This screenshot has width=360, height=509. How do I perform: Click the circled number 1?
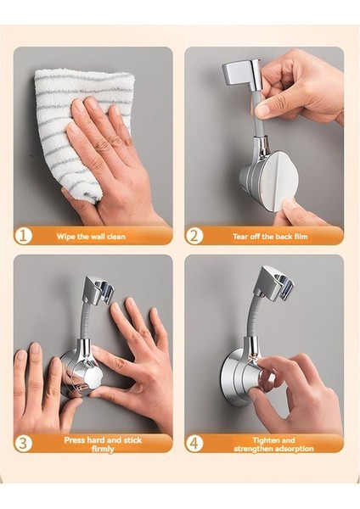click(23, 236)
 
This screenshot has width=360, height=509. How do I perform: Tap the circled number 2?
click(194, 236)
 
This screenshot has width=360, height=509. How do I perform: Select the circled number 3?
click(23, 443)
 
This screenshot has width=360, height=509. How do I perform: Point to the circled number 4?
click(194, 443)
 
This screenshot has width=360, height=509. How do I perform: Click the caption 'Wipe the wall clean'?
click(91, 237)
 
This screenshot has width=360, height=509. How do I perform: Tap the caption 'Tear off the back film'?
click(270, 237)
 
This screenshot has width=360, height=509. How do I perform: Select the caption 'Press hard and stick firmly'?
click(103, 445)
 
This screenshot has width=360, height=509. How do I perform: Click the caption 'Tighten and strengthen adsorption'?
click(273, 445)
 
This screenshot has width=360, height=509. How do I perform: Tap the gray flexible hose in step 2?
click(257, 113)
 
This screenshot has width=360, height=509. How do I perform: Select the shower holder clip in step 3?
click(97, 290)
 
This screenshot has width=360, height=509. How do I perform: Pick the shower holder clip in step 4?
click(274, 282)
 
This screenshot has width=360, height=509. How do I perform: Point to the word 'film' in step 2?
click(301, 237)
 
